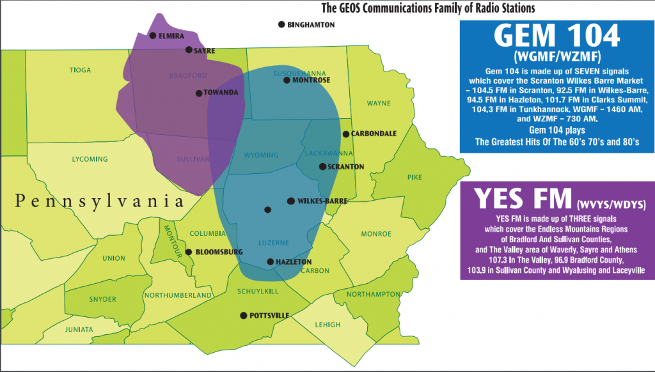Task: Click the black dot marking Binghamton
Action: (281, 25)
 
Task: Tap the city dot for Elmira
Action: (152, 36)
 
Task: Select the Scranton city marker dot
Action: (322, 167)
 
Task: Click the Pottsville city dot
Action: (243, 315)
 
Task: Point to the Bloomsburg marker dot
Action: (189, 252)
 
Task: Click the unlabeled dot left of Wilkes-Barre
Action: (268, 210)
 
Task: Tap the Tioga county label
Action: (81, 70)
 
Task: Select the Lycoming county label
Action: (90, 159)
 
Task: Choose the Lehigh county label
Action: (327, 325)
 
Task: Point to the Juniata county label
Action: (79, 330)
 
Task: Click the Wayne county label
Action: (379, 103)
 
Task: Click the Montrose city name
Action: (312, 81)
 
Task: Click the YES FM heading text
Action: (522, 199)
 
